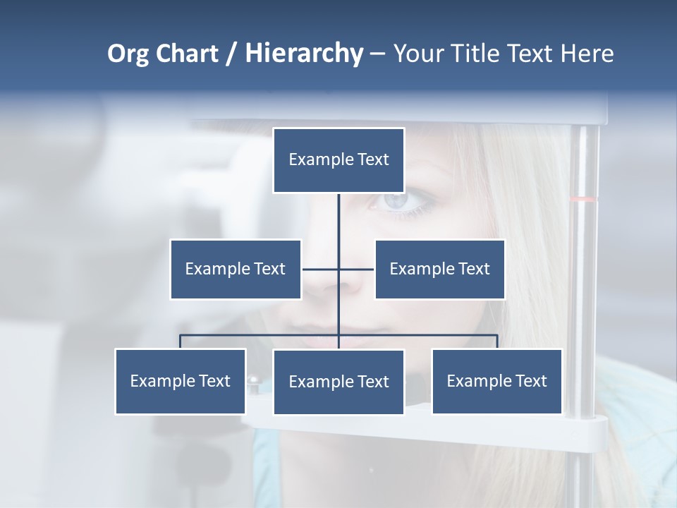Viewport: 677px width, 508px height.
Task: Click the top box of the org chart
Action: [x=338, y=160]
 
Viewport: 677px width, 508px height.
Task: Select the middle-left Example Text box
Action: [x=236, y=269]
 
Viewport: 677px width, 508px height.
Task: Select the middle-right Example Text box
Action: [x=439, y=269]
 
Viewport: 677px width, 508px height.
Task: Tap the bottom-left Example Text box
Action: [x=181, y=381]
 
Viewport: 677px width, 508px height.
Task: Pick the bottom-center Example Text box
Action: [x=338, y=382]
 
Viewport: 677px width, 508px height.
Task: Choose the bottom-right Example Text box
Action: [x=496, y=381]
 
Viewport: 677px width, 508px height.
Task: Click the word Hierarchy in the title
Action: [x=304, y=54]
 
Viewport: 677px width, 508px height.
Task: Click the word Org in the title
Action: [x=128, y=54]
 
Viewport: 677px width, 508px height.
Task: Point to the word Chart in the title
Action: [x=187, y=54]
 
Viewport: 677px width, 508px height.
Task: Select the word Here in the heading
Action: [x=587, y=54]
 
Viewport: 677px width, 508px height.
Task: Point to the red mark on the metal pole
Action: [x=583, y=199]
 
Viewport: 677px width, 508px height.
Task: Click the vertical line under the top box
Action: [x=338, y=219]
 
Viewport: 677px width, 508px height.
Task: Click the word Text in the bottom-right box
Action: [x=531, y=381]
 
